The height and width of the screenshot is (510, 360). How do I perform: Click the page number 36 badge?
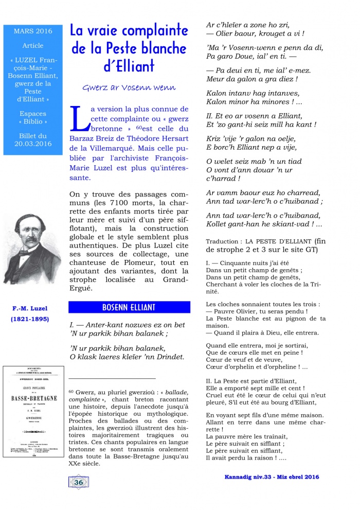[x=79, y=482]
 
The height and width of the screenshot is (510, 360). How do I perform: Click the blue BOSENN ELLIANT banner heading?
[x=130, y=308]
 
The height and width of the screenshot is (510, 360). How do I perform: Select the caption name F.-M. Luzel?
[x=30, y=309]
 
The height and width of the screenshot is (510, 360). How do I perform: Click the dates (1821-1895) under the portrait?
[x=30, y=319]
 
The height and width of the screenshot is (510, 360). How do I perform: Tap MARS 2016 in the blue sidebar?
[x=33, y=31]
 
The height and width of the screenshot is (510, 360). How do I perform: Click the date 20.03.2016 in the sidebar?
[x=33, y=144]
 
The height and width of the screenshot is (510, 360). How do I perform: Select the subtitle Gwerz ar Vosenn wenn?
[x=129, y=87]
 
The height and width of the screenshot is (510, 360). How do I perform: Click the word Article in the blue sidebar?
[x=33, y=45]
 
